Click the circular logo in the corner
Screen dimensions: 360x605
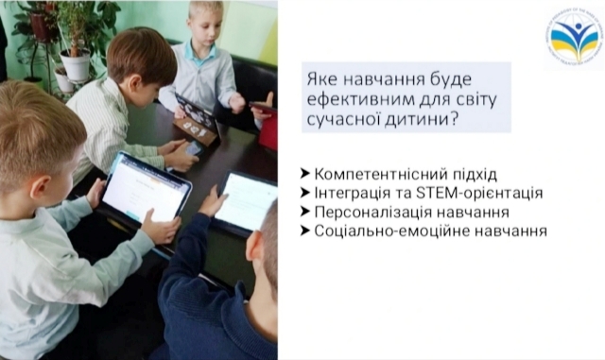point(573,37)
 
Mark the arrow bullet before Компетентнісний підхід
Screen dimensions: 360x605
point(304,175)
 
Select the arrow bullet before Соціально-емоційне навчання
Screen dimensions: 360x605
point(304,230)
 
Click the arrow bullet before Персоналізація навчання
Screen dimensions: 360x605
point(304,212)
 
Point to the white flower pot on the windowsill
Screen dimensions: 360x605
point(75,64)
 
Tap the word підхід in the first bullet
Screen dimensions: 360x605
point(470,175)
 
